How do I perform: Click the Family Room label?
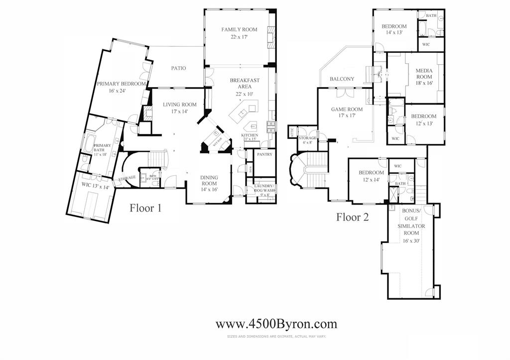pyautogui.click(x=240, y=33)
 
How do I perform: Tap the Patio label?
pyautogui.click(x=178, y=68)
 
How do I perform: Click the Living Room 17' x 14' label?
pyautogui.click(x=180, y=108)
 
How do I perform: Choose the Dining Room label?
pyautogui.click(x=209, y=183)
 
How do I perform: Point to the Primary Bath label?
pyautogui.click(x=103, y=150)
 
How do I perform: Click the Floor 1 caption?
pyautogui.click(x=145, y=208)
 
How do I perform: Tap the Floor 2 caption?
pyautogui.click(x=352, y=217)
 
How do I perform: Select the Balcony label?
pyautogui.click(x=342, y=79)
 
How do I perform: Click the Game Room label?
pyautogui.click(x=347, y=113)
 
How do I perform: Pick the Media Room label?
pyautogui.click(x=424, y=77)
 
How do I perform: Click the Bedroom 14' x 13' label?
pyautogui.click(x=394, y=29)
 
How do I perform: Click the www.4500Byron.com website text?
pyautogui.click(x=276, y=324)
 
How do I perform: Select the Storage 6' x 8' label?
pyautogui.click(x=307, y=140)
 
